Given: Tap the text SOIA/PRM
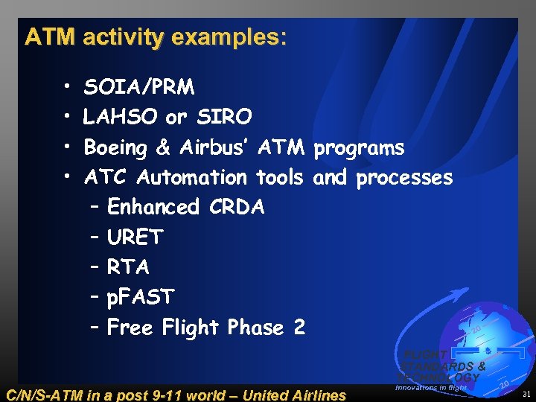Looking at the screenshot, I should point(139,88).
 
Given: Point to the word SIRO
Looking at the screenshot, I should point(224,118).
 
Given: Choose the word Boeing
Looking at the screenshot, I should point(115,148).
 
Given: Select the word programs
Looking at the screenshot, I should point(359,148).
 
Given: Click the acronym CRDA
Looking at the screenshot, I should point(235,207).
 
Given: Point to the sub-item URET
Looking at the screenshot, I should point(135,237).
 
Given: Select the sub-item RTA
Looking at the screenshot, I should point(128,267).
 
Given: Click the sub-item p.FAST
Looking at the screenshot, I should point(141,297).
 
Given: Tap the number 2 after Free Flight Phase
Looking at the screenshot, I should point(299,328).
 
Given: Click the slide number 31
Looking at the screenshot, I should point(526,394).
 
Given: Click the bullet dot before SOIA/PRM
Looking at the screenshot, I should point(67,89).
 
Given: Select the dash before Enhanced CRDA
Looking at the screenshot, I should point(95,207).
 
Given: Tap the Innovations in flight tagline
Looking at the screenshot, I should point(431,387).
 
